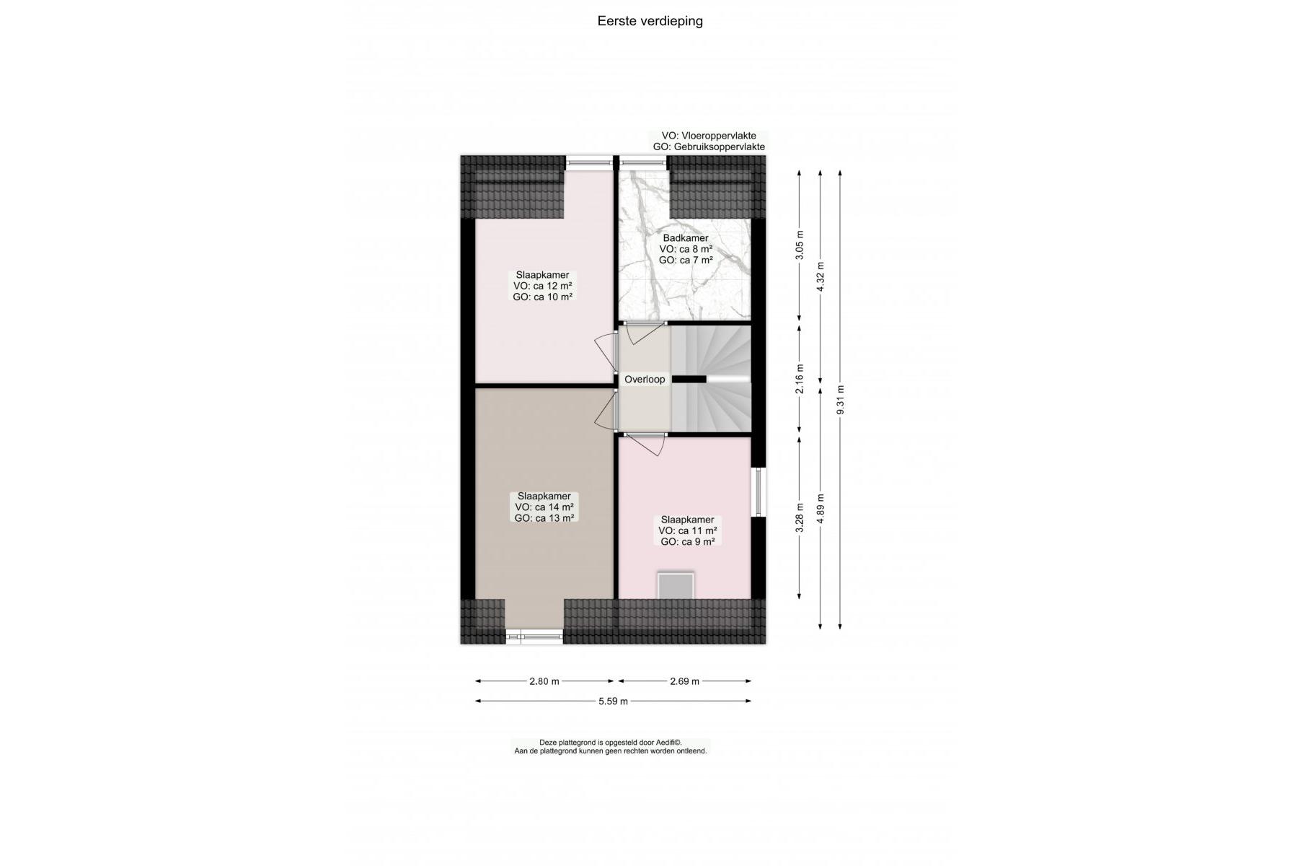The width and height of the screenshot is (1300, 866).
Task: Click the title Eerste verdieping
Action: click(650, 21)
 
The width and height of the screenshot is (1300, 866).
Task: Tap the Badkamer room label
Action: click(686, 238)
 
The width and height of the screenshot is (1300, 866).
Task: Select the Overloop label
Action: click(645, 380)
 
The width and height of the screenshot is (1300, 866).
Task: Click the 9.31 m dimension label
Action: click(840, 400)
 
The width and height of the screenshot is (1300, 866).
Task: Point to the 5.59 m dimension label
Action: click(613, 701)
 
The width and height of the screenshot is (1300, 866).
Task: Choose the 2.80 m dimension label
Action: click(544, 681)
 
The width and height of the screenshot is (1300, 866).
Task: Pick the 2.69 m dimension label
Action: click(684, 681)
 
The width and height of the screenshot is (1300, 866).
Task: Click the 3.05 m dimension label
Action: click(799, 245)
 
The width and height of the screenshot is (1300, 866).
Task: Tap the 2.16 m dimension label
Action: click(799, 380)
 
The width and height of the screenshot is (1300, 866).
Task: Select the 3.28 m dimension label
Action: click(799, 517)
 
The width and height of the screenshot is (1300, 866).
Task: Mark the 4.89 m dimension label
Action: click(820, 508)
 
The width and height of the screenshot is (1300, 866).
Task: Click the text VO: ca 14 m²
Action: click(544, 507)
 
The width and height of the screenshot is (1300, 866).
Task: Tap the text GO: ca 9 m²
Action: click(688, 541)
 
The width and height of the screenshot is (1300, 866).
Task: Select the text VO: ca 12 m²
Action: click(543, 286)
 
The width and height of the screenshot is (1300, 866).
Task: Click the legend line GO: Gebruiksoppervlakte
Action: click(709, 146)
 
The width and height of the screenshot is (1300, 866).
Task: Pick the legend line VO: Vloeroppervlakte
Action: click(709, 136)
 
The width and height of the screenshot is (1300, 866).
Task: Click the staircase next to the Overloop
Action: click(711, 379)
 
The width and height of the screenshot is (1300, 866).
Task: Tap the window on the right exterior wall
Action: click(759, 492)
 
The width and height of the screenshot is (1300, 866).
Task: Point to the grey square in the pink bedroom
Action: click(676, 585)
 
